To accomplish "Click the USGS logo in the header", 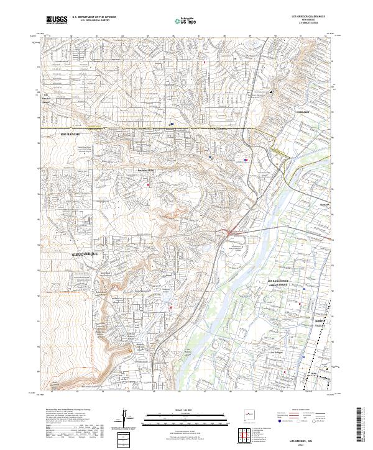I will [x=57, y=20].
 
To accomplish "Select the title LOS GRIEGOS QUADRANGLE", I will [x=308, y=17].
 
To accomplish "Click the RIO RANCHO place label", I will [x=71, y=134].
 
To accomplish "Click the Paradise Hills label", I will [x=145, y=172].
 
